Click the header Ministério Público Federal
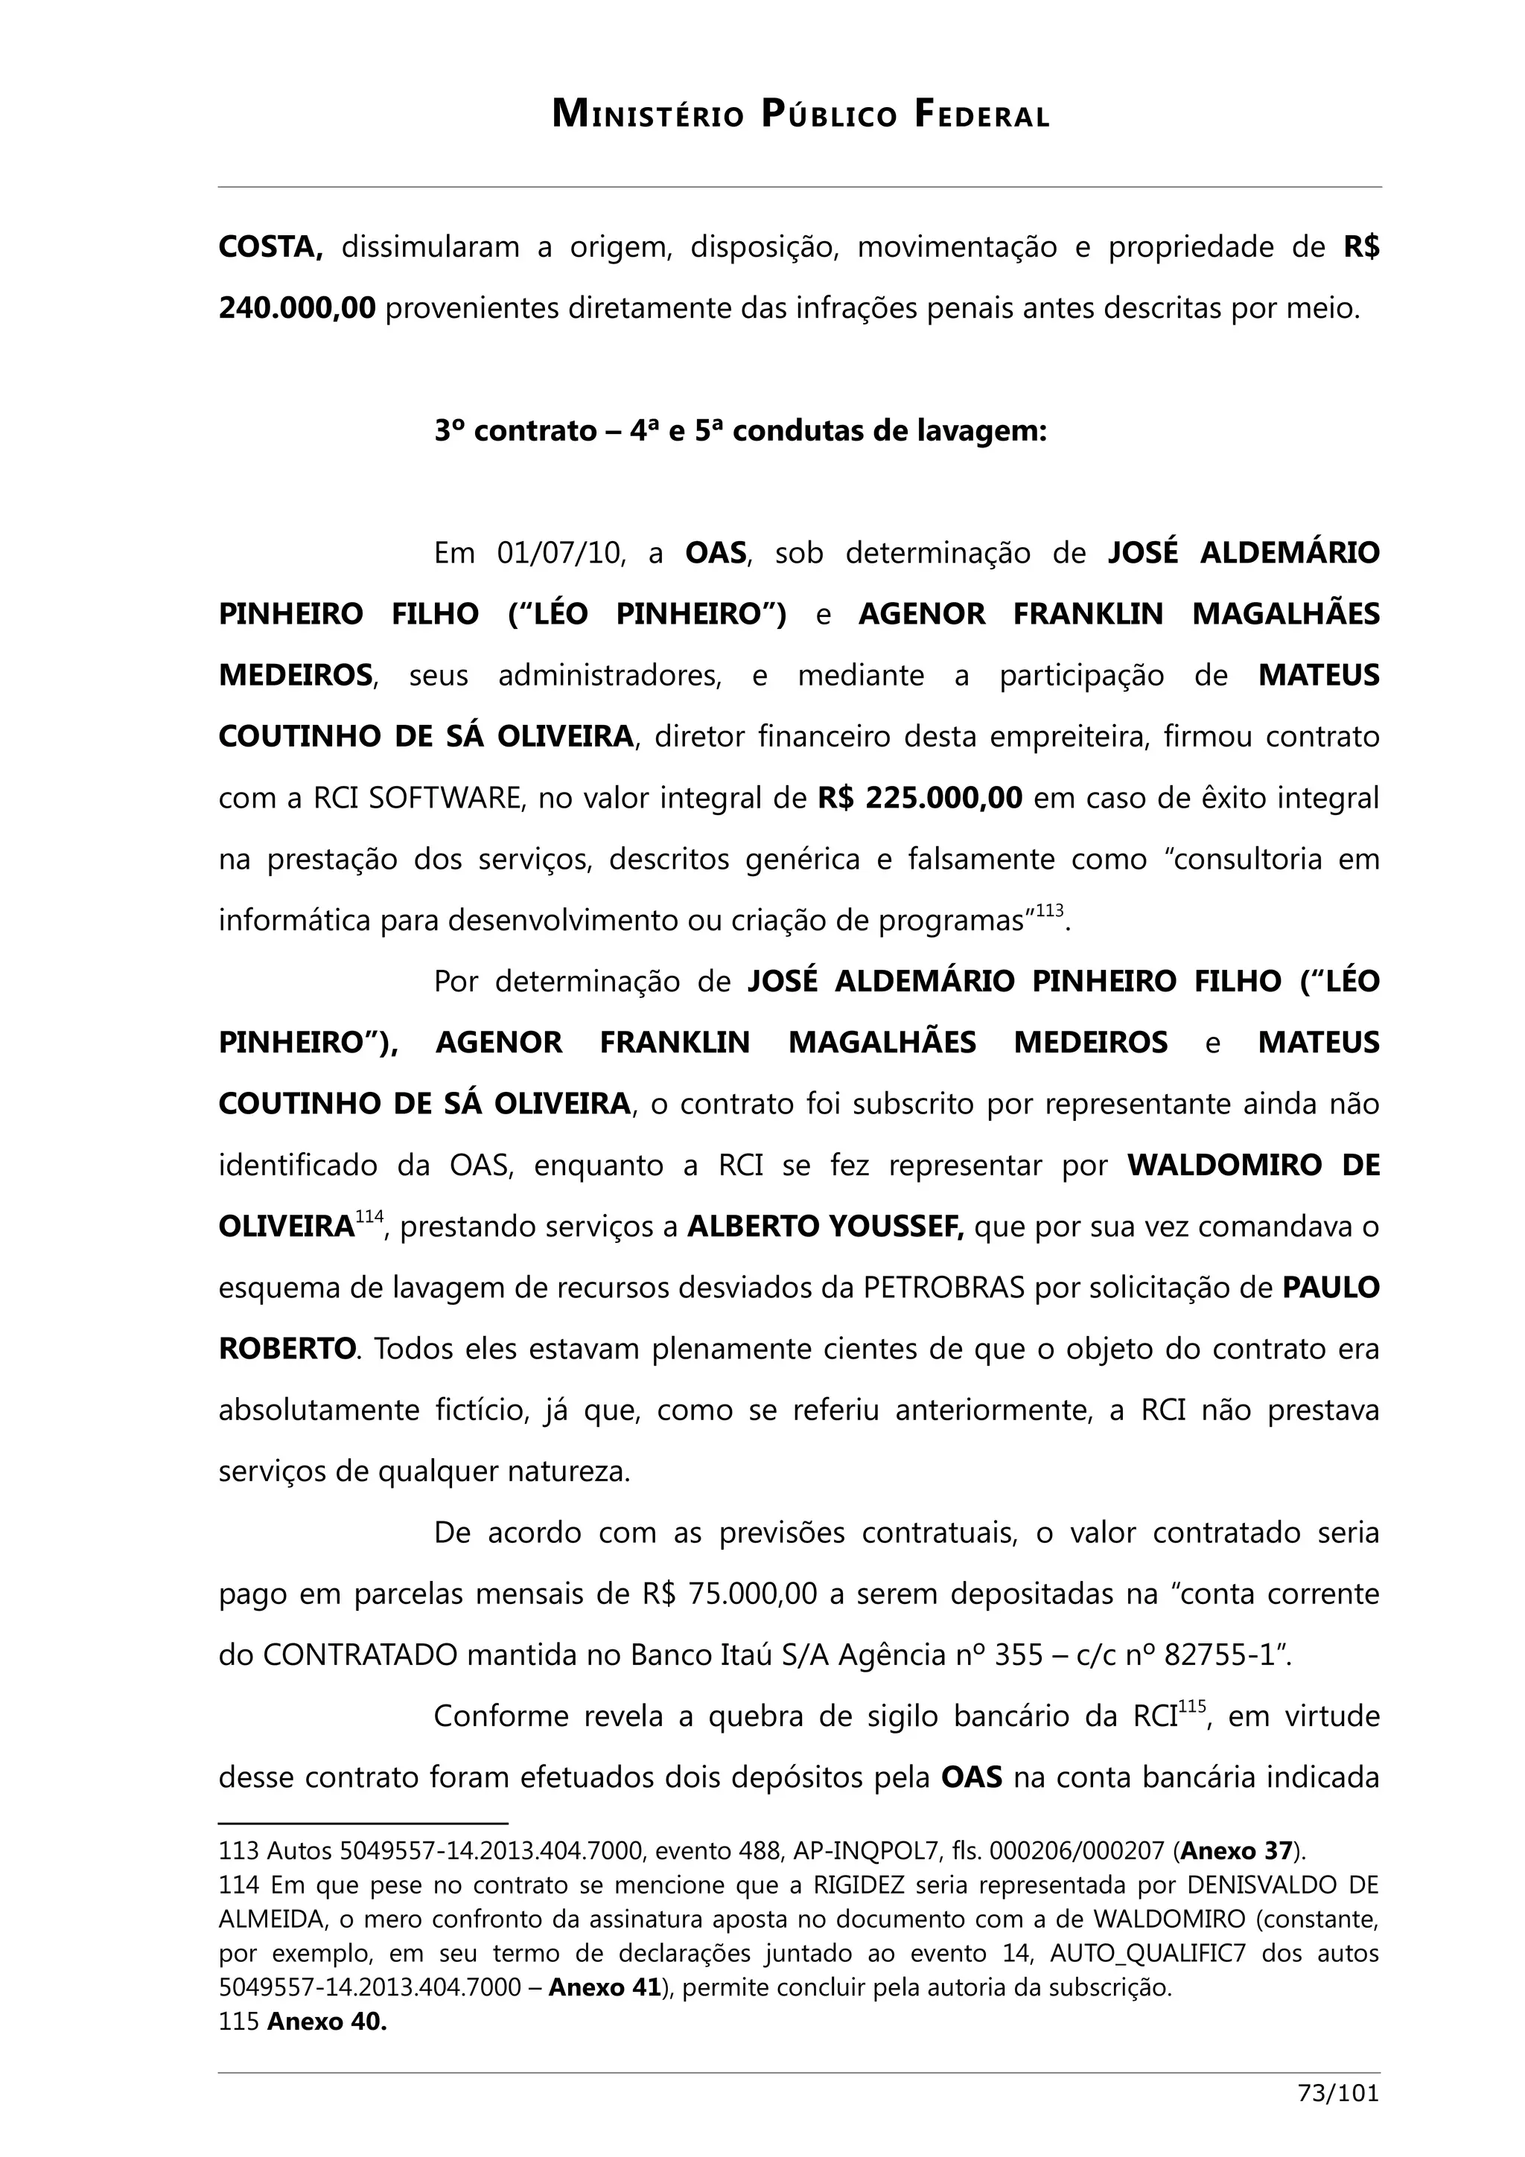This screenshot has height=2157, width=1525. coord(800,115)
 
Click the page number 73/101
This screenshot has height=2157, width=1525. coord(1337,2121)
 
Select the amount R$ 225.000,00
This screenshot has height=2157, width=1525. coord(919,798)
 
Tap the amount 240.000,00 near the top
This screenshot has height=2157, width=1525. coord(297,308)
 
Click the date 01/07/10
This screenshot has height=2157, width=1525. coord(560,552)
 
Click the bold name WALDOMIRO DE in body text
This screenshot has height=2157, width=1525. coord(1252,1165)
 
